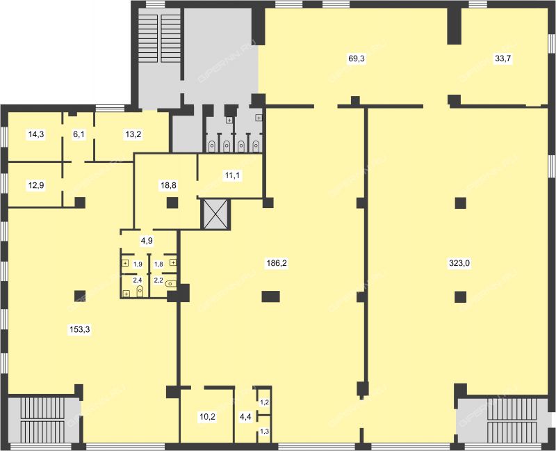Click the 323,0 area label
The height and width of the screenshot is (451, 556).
pos(459,263)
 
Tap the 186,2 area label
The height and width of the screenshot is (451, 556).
pos(277,263)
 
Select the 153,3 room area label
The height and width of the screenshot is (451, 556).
pos(80,329)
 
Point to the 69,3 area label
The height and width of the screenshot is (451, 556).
pos(357,58)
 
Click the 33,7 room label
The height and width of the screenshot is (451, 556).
pos(503,58)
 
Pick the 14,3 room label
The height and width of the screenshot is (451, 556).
pos(36,134)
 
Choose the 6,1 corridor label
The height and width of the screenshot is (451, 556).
pos(79,134)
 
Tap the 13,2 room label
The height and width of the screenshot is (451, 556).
pos(133,134)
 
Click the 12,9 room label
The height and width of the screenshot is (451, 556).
pos(36,185)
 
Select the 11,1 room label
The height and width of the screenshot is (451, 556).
pos(232,175)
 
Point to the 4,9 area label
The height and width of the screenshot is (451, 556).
pos(147,241)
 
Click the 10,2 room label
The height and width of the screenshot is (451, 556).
pos(207,417)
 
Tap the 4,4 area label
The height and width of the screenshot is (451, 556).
pos(245,417)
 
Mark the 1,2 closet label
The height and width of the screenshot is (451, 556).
pos(265,402)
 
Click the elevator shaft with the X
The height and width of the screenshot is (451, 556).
pos(215,214)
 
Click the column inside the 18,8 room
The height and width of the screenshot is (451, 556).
pos(172,203)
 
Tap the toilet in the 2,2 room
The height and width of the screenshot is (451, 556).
pos(171,284)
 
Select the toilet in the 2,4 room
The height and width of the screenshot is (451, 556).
pos(140,290)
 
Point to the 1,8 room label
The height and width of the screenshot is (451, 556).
pos(158,264)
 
